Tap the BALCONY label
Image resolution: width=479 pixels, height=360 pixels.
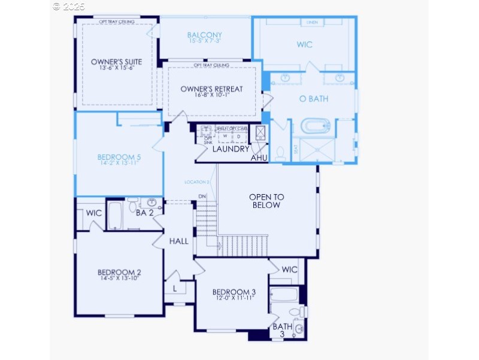(204, 35)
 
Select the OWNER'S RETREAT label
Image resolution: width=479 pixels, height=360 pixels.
(212, 89)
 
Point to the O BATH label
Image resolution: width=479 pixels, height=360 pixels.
(314, 99)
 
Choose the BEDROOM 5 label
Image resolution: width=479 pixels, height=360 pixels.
(119, 158)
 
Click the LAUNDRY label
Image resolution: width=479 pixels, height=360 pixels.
(231, 149)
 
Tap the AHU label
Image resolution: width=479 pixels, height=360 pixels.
(259, 158)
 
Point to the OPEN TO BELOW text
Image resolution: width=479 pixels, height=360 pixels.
(266, 201)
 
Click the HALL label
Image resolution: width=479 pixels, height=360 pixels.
(178, 241)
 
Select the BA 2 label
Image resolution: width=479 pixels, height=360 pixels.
(145, 213)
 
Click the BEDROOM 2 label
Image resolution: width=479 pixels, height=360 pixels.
(120, 273)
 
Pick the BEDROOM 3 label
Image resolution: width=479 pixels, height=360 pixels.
(234, 292)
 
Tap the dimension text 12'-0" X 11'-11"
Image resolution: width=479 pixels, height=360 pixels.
(234, 298)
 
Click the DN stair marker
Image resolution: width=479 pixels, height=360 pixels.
(202, 196)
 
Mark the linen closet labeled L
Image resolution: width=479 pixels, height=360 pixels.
(175, 288)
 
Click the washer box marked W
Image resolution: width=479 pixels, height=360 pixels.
(226, 136)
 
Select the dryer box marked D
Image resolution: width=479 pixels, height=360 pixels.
(239, 136)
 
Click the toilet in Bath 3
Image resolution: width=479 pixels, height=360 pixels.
(295, 312)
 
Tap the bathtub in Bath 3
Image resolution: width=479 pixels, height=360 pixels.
(284, 294)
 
